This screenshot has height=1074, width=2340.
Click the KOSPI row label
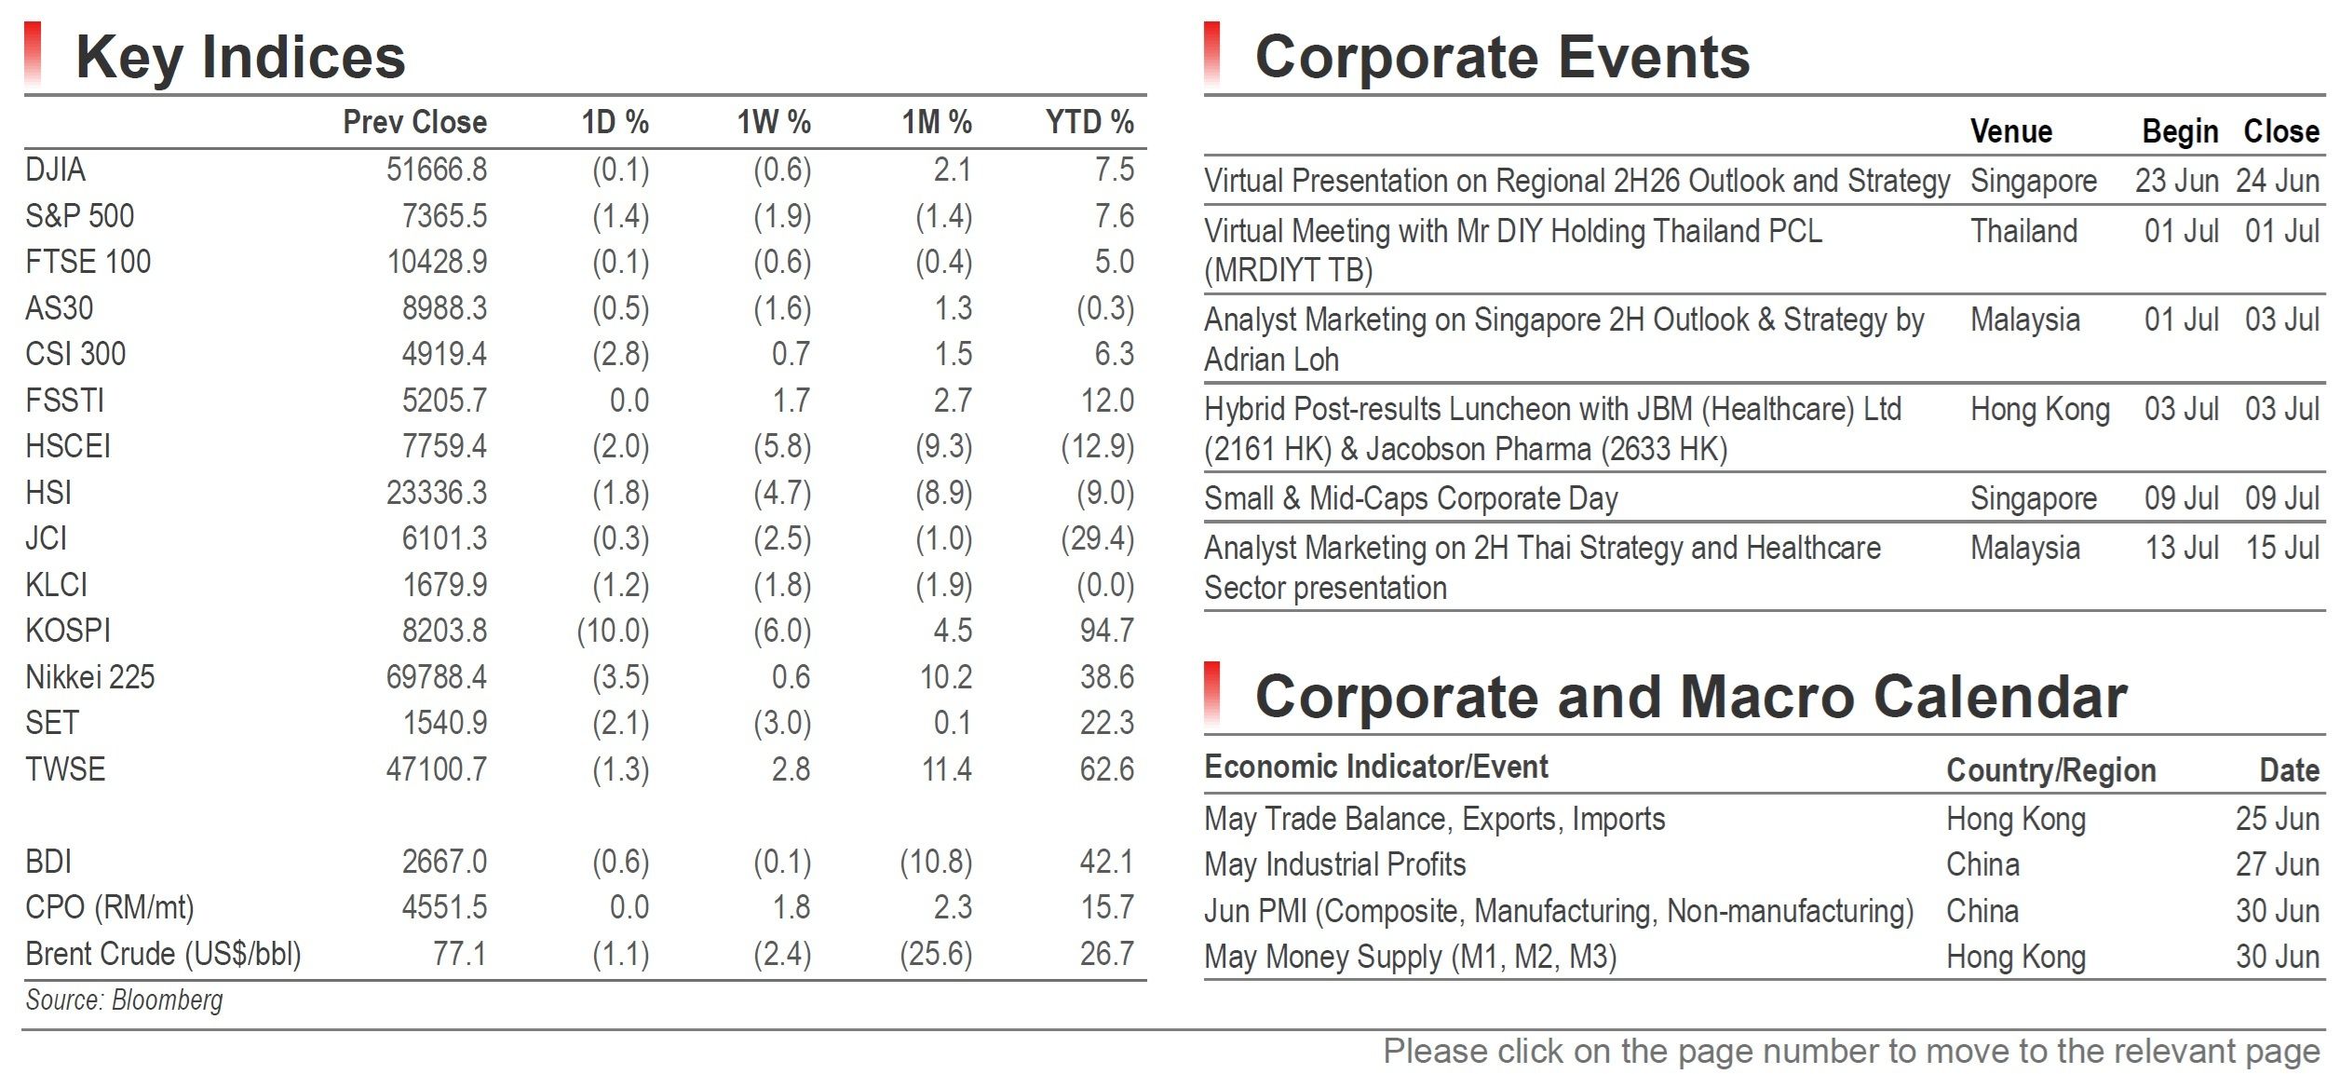[x=68, y=631]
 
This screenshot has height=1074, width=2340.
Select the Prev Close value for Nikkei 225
[x=437, y=677]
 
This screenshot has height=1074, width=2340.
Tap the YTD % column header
[x=1089, y=122]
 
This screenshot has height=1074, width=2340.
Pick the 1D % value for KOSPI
[x=613, y=631]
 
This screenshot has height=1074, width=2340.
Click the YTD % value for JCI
[x=1098, y=538]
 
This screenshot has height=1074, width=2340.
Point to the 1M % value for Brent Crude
[x=936, y=954]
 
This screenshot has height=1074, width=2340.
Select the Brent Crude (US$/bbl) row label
[x=164, y=954]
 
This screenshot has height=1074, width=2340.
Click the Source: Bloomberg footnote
[x=125, y=1000]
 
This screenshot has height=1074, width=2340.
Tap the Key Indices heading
[x=240, y=57]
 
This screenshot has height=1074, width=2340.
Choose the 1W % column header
[x=774, y=122]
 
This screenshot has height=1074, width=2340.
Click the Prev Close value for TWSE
[x=437, y=769]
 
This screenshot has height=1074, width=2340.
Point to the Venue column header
[x=2011, y=131]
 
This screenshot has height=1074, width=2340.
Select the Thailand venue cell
[x=2024, y=231]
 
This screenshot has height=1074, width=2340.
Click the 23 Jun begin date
[x=2177, y=181]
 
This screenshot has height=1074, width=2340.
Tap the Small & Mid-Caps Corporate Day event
[x=1411, y=499]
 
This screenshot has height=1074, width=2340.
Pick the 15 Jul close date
[x=2282, y=548]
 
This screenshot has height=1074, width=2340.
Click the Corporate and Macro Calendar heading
[x=1691, y=697]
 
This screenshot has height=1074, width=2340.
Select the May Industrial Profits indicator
[x=1335, y=864]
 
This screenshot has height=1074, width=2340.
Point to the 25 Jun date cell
[x=2278, y=819]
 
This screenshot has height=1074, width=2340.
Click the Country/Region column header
[x=2051, y=770]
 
